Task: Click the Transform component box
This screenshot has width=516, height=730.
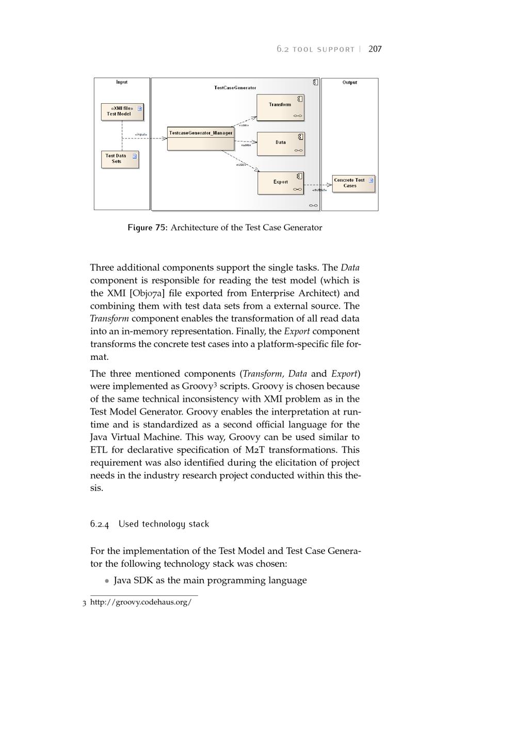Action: pos(280,107)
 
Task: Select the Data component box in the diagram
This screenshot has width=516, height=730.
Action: pos(281,144)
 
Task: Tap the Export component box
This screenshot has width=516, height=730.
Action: pos(281,183)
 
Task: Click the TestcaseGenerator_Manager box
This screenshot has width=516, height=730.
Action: pos(201,139)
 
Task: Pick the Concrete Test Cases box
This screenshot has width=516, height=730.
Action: pos(353,183)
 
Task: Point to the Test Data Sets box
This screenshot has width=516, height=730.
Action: pos(120,159)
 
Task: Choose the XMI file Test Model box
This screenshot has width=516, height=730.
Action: pos(122,112)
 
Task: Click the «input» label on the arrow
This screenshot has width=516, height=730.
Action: pos(141,135)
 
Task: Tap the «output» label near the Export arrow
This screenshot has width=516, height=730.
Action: pos(319,190)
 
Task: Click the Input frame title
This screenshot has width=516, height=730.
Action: pos(122,82)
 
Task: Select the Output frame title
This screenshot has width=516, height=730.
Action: pos(350,83)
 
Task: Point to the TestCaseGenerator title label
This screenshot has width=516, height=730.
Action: pos(235,88)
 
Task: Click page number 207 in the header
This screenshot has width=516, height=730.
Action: pos(375,49)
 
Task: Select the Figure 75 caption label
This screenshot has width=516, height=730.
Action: pos(147,228)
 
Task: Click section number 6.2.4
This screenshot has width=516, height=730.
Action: pos(100,524)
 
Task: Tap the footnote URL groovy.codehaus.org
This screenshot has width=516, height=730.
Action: pos(141,602)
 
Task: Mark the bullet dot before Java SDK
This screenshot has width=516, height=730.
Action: pos(107,581)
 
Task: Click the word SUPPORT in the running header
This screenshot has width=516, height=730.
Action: pos(336,50)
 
